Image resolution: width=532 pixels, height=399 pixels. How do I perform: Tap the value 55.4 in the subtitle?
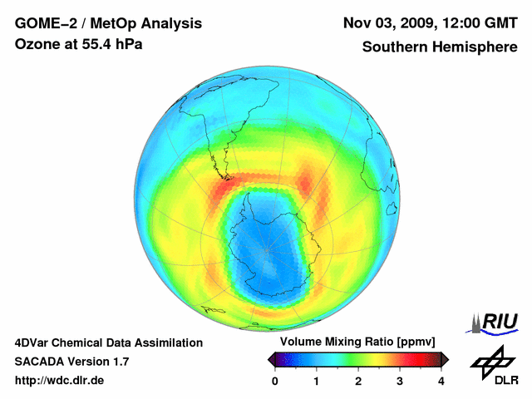[x=97, y=44]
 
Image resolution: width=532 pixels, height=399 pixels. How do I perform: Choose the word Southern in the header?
[x=395, y=47]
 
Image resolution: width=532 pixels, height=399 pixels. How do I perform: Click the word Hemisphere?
[x=475, y=47]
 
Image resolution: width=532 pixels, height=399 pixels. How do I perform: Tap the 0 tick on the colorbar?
[x=275, y=380]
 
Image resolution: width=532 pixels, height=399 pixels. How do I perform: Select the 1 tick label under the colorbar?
[x=317, y=380]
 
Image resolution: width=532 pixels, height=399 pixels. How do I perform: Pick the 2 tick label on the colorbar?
[x=358, y=380]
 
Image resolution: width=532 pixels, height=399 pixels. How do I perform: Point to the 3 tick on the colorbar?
[x=400, y=380]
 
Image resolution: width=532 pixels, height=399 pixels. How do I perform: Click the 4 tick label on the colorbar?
[x=441, y=380]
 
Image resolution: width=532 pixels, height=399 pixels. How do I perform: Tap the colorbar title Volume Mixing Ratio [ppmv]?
[x=357, y=342]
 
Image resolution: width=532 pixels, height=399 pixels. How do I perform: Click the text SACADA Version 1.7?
[x=71, y=362]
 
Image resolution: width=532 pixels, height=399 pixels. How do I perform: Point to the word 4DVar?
[x=33, y=342]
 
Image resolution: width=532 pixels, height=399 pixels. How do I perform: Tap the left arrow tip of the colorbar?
[x=270, y=359]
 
